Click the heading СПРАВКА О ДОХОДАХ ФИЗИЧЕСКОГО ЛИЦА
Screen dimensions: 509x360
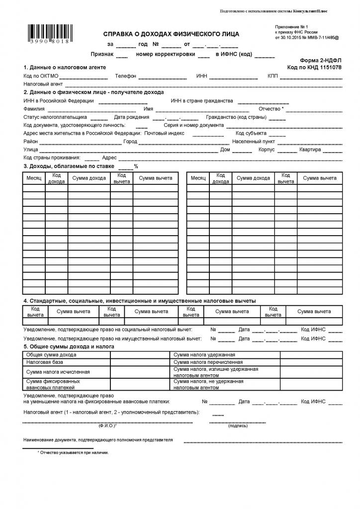click(x=171, y=34)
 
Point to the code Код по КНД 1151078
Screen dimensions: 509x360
click(x=314, y=67)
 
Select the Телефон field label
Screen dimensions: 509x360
click(x=125, y=76)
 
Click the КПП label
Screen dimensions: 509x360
click(x=272, y=76)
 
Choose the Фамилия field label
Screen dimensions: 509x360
click(x=34, y=109)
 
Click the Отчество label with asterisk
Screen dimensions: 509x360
click(x=271, y=109)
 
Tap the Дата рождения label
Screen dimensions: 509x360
click(x=131, y=117)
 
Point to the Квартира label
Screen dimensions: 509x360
click(x=310, y=150)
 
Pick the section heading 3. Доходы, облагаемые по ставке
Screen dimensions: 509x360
click(x=69, y=166)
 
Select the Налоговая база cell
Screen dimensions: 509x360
click(x=45, y=362)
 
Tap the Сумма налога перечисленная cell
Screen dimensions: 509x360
click(x=204, y=362)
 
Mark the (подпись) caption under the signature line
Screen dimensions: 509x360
click(x=235, y=426)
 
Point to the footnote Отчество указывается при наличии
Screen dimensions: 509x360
click(x=74, y=453)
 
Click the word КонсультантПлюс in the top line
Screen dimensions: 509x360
click(x=311, y=11)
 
